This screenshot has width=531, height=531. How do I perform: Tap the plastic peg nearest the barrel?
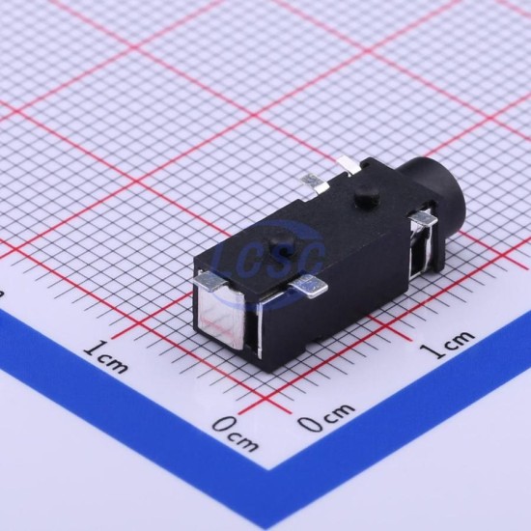click(367, 196)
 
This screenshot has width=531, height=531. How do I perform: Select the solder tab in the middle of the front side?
click(310, 286)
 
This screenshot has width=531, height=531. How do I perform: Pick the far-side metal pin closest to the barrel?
click(349, 165)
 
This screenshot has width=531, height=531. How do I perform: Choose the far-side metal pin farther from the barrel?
click(316, 182)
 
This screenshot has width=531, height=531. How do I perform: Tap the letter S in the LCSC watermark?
click(282, 258)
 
